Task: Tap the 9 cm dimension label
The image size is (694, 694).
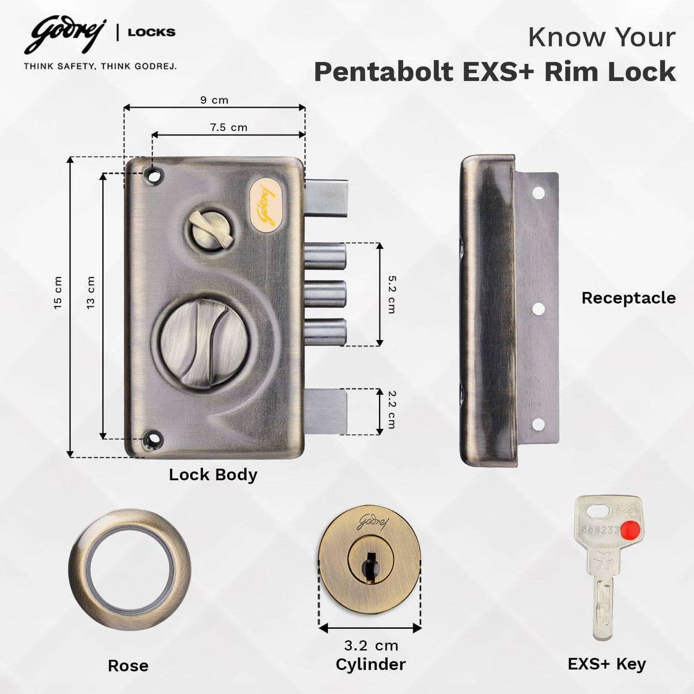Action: point(214,100)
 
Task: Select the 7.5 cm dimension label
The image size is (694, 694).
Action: point(229,127)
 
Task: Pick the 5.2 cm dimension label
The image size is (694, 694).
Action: point(392,294)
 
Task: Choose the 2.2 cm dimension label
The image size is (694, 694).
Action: point(392,410)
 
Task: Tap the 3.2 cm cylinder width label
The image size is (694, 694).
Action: point(371,645)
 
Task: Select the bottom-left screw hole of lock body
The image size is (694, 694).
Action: point(153,438)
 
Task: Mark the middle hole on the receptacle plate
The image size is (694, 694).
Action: point(538,309)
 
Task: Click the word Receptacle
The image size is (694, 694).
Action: point(628,298)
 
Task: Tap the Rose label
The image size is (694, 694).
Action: point(128,666)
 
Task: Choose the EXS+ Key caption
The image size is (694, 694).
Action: point(607,664)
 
